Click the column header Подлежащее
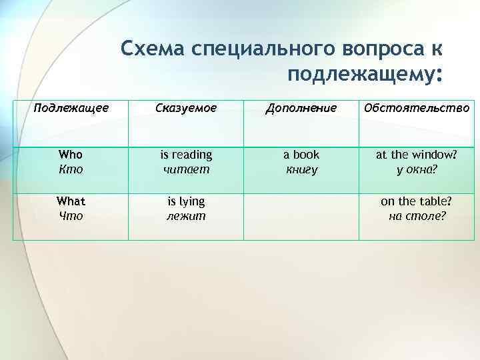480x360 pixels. click(71, 107)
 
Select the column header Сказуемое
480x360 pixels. click(186, 107)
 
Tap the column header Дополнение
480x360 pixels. click(301, 107)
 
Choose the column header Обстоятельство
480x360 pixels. click(417, 107)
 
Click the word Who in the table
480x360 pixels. click(71, 155)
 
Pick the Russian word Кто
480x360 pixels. click(71, 169)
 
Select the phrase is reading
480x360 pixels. click(186, 155)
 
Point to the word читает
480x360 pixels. click(186, 169)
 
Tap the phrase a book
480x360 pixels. click(301, 155)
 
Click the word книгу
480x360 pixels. click(301, 169)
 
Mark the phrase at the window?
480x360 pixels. click(417, 155)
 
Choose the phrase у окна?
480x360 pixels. click(417, 169)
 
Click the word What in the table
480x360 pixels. click(71, 201)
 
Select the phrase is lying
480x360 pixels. click(186, 201)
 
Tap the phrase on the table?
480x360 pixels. click(417, 201)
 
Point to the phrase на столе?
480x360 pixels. click(417, 215)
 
